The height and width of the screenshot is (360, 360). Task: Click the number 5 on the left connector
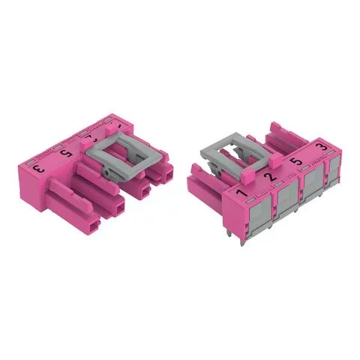(x=67, y=154)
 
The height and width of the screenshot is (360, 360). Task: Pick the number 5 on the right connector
(x=295, y=160)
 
